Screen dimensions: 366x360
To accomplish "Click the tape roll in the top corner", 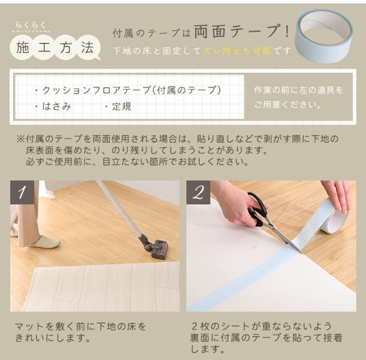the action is click(x=324, y=37).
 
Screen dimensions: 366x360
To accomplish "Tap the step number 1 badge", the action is click(x=22, y=192).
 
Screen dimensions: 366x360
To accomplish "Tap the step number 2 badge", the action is click(x=198, y=192).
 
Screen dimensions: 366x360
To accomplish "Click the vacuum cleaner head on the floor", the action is click(x=153, y=247).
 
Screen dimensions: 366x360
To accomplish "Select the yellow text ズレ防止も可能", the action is click(x=237, y=51).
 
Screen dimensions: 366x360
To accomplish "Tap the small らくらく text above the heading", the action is click(x=30, y=25).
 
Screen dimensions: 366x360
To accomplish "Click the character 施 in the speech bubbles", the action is click(x=23, y=48).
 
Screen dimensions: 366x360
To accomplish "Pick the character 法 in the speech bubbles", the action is click(x=87, y=48).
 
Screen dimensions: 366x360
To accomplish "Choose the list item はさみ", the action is click(x=57, y=106).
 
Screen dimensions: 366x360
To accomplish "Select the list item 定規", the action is click(x=122, y=106).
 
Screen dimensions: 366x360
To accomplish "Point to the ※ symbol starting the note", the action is click(x=21, y=139).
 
